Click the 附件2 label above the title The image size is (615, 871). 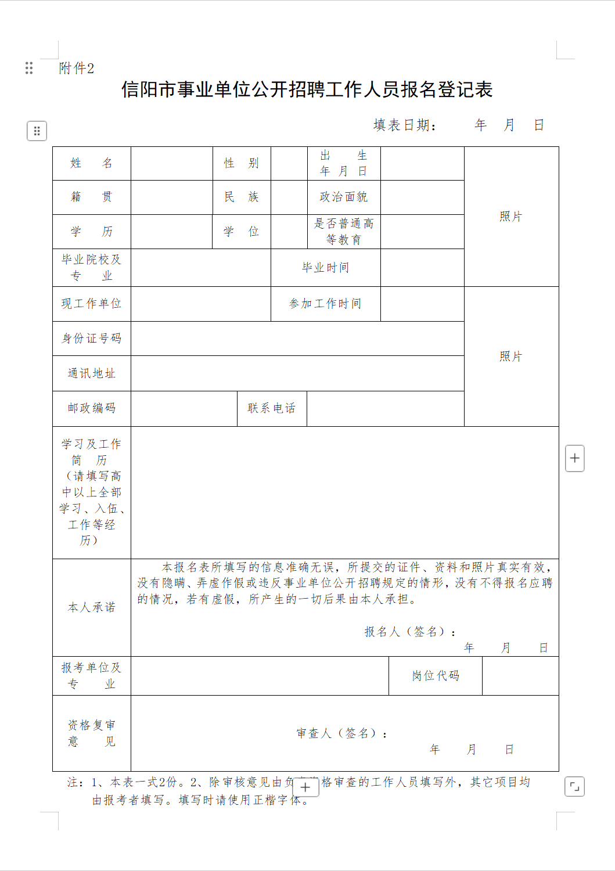(x=76, y=69)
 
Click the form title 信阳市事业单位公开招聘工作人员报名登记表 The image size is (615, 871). (x=307, y=89)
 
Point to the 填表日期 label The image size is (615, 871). (x=404, y=125)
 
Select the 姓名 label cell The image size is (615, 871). (x=92, y=163)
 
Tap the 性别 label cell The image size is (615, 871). (x=242, y=163)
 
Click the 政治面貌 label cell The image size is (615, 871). (x=344, y=197)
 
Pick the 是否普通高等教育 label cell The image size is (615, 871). (x=344, y=231)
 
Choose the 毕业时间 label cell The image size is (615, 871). (x=325, y=268)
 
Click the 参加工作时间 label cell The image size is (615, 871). (x=325, y=304)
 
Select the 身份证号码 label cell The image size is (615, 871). (x=92, y=338)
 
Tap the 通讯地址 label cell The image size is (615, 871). (x=92, y=373)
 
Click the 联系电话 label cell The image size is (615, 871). (x=272, y=408)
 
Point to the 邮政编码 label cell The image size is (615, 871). (x=92, y=408)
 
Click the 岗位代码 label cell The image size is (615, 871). (x=436, y=675)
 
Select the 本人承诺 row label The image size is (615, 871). (x=92, y=607)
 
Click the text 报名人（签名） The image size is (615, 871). (x=409, y=632)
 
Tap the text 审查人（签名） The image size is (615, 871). (x=341, y=733)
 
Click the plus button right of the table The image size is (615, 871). (x=575, y=458)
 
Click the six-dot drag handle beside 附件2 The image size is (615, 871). (x=29, y=68)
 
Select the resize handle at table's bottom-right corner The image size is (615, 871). (x=574, y=787)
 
